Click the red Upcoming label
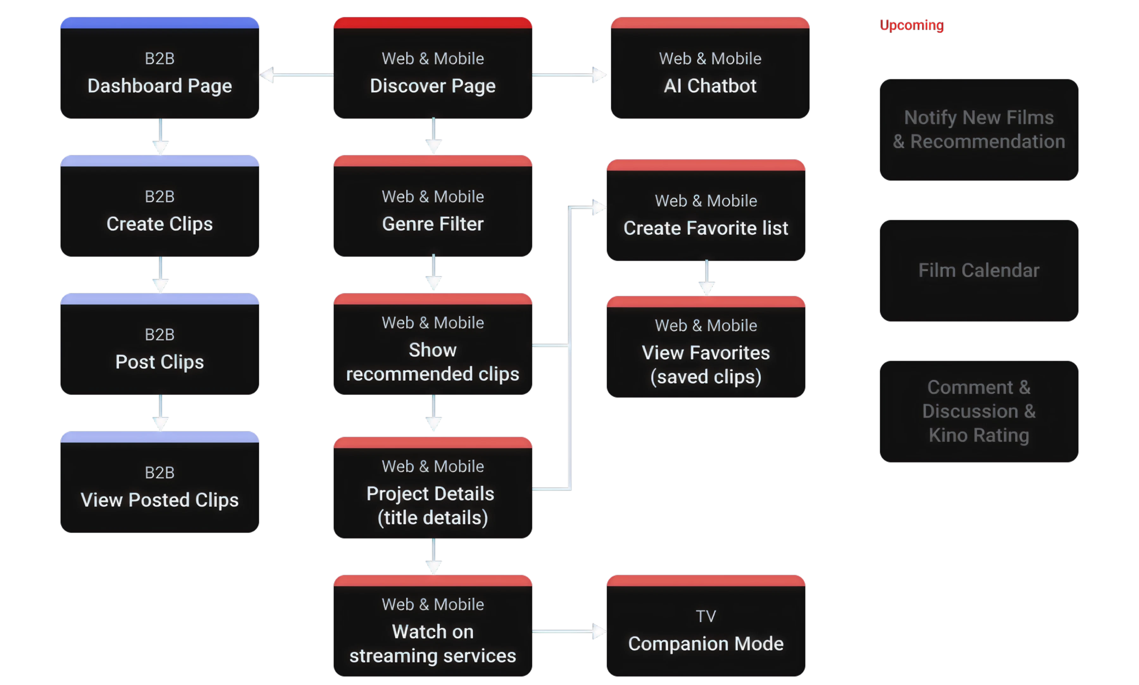pos(911,25)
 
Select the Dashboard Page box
pos(159,74)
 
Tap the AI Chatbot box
pos(710,74)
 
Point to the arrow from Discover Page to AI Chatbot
pos(569,75)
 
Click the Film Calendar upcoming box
pos(979,271)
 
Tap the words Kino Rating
pos(979,435)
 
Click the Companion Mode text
pos(705,644)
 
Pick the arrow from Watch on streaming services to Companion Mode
pos(569,631)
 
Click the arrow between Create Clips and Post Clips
pos(160,275)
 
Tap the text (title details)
pos(433,518)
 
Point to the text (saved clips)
pos(705,377)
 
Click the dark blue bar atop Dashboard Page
pos(159,22)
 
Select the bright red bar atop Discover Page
pos(433,22)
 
